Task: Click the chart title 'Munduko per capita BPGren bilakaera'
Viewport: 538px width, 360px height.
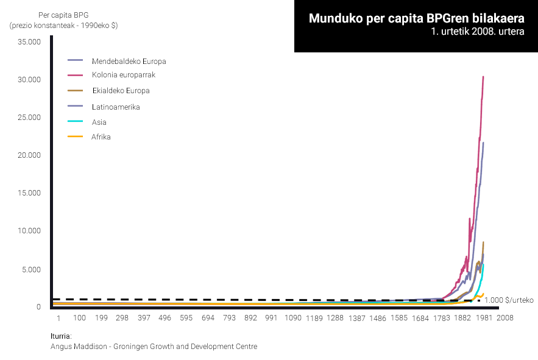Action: click(416, 18)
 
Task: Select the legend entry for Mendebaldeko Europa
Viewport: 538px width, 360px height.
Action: click(129, 61)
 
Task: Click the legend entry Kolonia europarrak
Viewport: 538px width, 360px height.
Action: click(124, 75)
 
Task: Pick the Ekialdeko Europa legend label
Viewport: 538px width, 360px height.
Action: click(120, 91)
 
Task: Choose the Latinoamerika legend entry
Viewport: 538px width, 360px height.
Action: click(116, 107)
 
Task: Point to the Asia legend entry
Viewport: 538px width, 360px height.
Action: click(99, 122)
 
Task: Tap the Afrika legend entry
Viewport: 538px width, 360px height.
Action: click(101, 137)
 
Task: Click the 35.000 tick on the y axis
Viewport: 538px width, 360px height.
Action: click(29, 42)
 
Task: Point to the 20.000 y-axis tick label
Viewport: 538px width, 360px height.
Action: click(29, 155)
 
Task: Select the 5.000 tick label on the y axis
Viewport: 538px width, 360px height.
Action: click(30, 269)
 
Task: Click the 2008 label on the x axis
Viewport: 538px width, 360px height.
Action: click(505, 318)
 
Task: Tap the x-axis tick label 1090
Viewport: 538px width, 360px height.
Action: click(293, 318)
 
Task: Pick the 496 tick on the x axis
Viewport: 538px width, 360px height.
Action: click(165, 318)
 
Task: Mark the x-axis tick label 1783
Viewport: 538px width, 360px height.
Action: click(442, 318)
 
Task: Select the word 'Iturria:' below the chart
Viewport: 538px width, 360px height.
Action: click(61, 336)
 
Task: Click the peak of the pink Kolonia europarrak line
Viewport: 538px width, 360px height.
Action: click(483, 77)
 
